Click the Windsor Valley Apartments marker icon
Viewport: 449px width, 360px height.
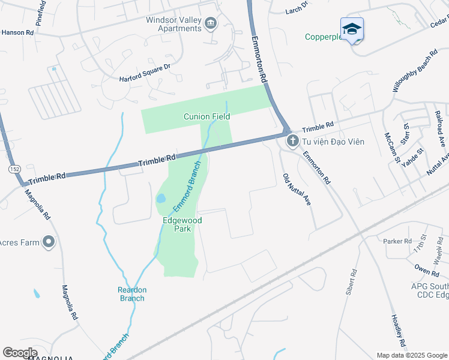pos(211,23)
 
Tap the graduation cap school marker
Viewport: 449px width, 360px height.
pos(352,29)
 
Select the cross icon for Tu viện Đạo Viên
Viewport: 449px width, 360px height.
pos(293,141)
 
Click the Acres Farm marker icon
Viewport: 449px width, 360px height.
pos(49,242)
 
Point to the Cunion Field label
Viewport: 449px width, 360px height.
pos(207,116)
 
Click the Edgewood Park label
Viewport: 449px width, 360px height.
pos(182,224)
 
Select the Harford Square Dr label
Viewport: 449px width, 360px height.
pos(145,72)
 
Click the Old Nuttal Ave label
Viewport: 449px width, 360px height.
pos(297,190)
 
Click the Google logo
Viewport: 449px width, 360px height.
pos(20,352)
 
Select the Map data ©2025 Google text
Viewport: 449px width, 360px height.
pos(412,355)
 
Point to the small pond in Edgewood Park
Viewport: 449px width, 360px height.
pos(161,198)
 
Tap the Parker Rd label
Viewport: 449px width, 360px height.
pos(397,241)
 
